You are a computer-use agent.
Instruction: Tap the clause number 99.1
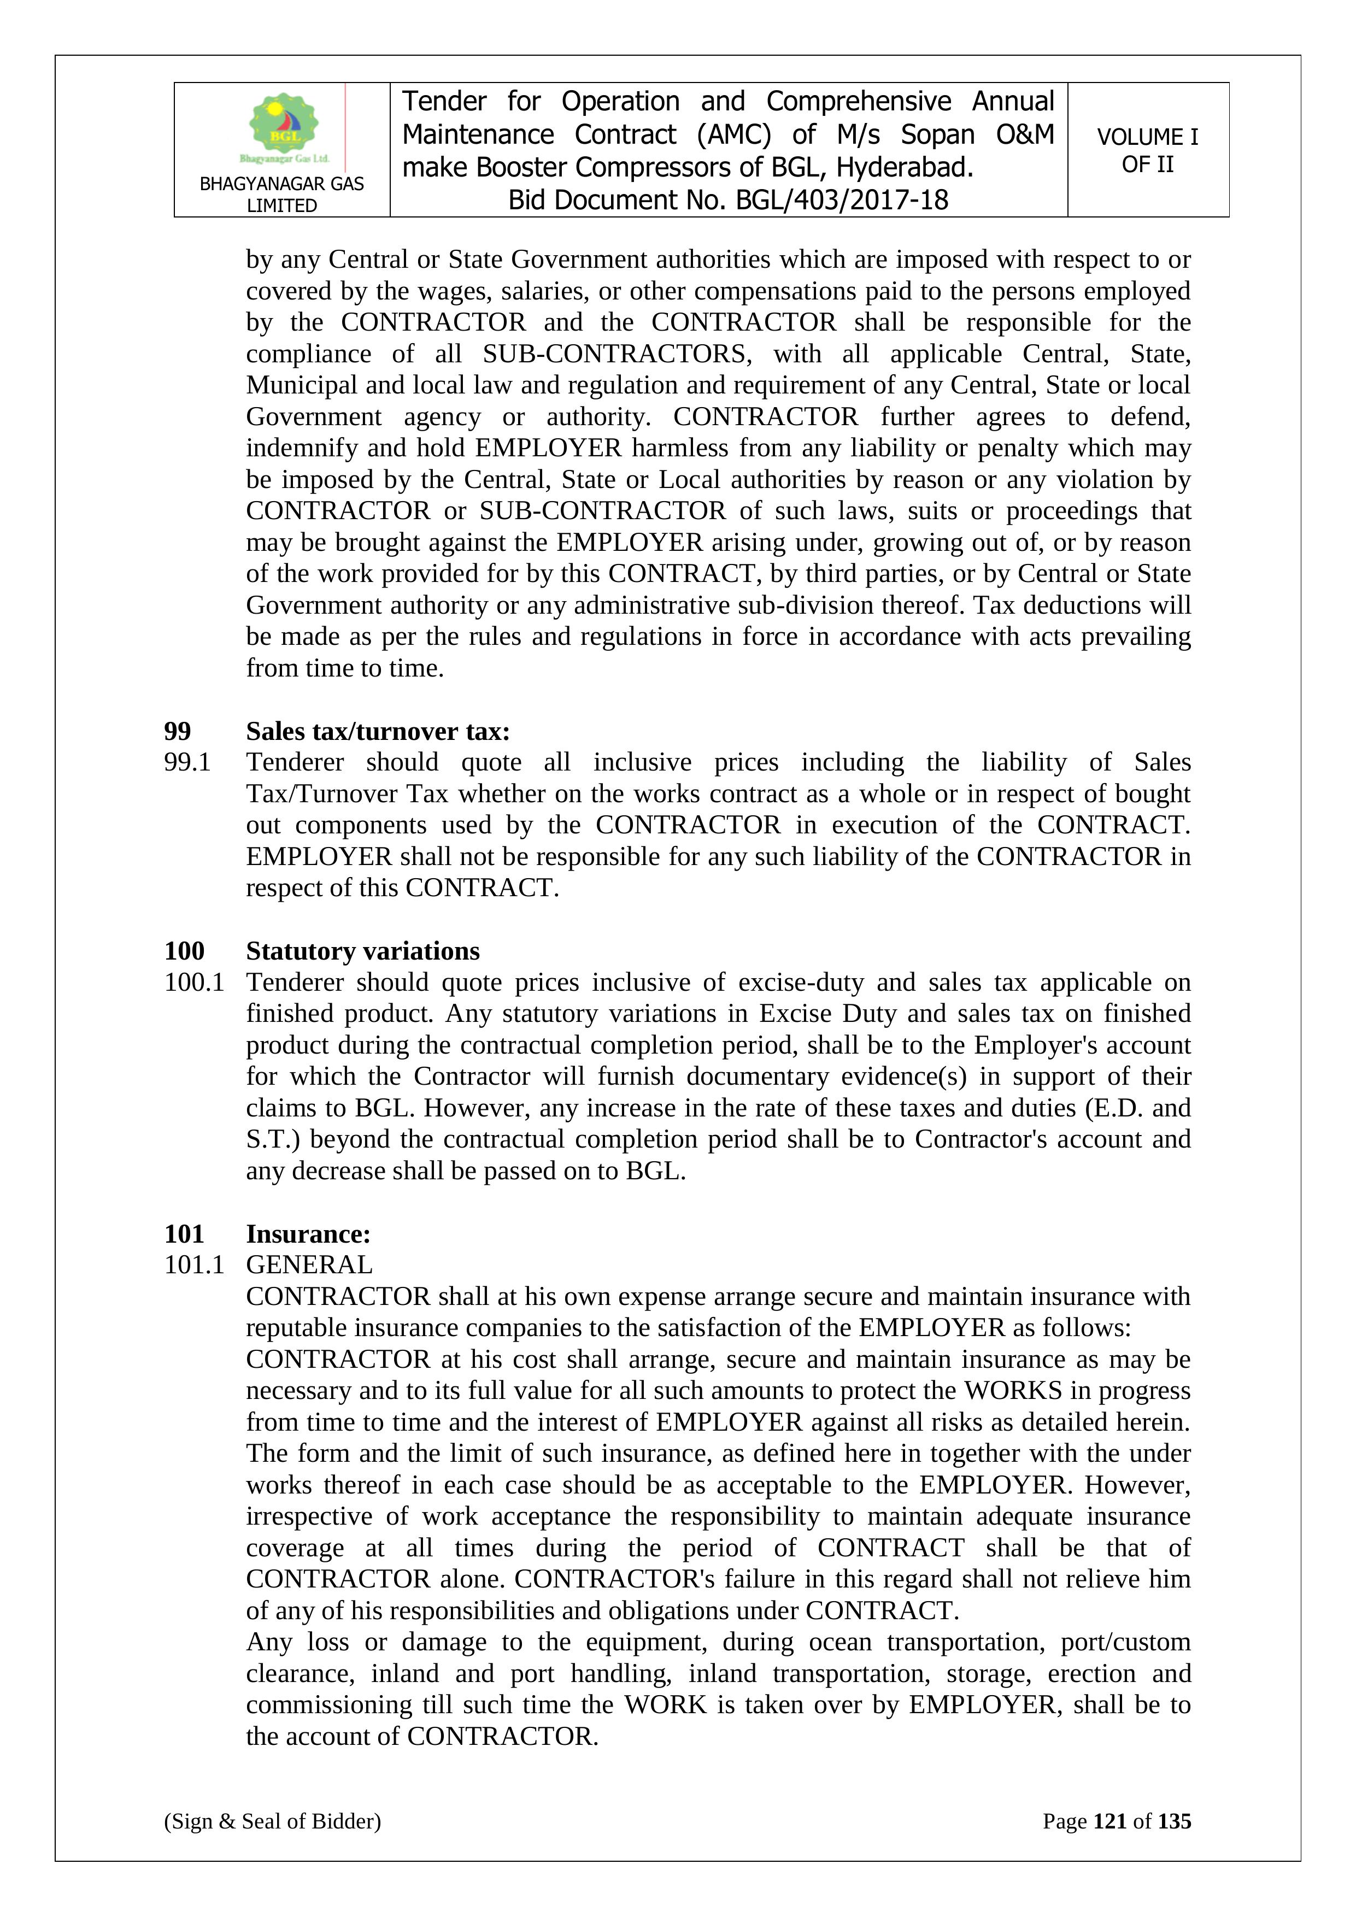pos(187,762)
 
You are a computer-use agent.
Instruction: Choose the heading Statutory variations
pos(362,951)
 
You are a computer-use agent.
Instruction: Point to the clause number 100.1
pos(193,982)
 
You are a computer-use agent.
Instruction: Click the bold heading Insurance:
pos(308,1234)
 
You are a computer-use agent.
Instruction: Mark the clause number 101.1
pos(193,1265)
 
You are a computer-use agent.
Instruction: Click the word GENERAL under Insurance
pos(309,1265)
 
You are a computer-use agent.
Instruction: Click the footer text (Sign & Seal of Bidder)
pos(272,1821)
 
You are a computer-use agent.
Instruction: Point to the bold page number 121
pos(1110,1821)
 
